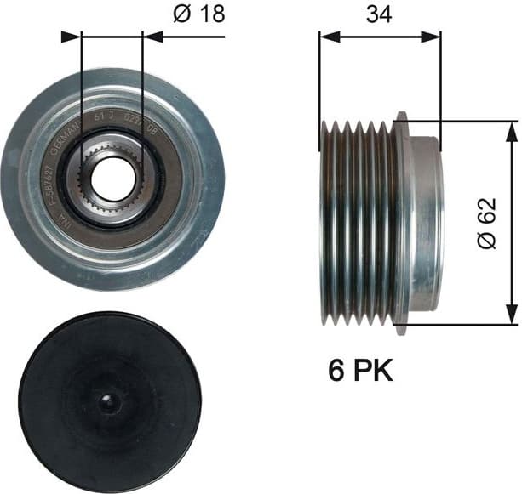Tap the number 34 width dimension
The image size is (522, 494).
[x=379, y=14]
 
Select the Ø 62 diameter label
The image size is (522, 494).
[x=486, y=223]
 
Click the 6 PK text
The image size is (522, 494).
[x=361, y=372]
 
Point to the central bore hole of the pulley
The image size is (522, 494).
[x=108, y=179]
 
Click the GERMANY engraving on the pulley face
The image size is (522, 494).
[x=66, y=141]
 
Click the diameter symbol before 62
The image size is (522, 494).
[x=486, y=240]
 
